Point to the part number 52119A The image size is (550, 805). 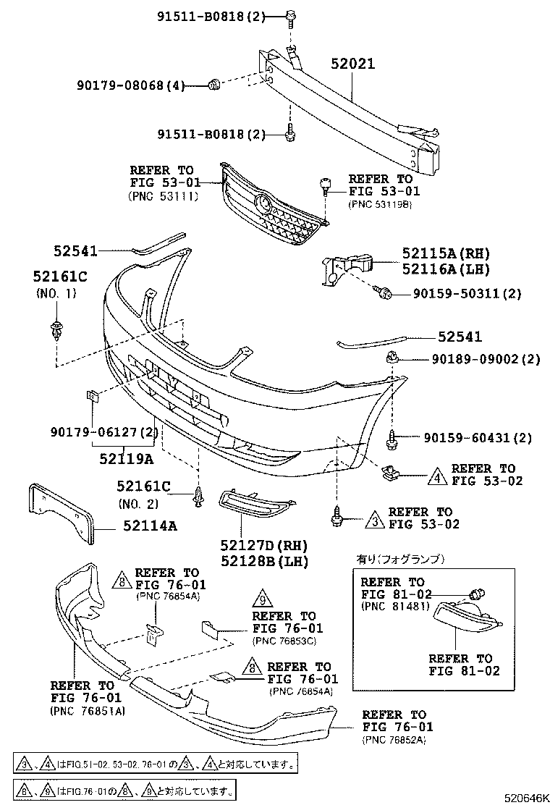127,458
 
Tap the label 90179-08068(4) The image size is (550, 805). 130,86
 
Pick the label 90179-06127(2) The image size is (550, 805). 104,433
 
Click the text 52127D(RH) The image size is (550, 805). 254,545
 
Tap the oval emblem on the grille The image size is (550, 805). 264,204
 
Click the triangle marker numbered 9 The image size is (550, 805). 262,600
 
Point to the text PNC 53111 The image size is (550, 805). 163,195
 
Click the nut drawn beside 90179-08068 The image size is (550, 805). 213,85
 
